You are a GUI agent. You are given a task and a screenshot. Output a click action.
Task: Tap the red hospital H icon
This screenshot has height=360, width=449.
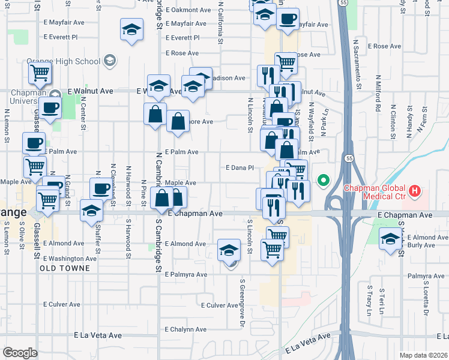coord(414,192)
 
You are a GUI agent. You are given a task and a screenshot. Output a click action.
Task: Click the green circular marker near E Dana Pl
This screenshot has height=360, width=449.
coord(324,180)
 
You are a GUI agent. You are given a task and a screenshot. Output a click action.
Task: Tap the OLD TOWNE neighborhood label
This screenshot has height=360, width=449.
coord(65,268)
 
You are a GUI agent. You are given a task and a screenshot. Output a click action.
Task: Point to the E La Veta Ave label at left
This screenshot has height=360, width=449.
coord(97,335)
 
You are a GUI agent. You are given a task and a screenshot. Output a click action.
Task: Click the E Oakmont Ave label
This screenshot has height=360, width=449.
coord(188,10)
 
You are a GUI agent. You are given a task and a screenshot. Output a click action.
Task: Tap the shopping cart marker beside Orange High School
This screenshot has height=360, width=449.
coord(40,74)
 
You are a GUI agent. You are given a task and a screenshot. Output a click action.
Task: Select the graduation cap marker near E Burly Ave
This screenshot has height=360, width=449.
coord(390,238)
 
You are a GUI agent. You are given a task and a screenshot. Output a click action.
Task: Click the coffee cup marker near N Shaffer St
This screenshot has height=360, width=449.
coord(101,188)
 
